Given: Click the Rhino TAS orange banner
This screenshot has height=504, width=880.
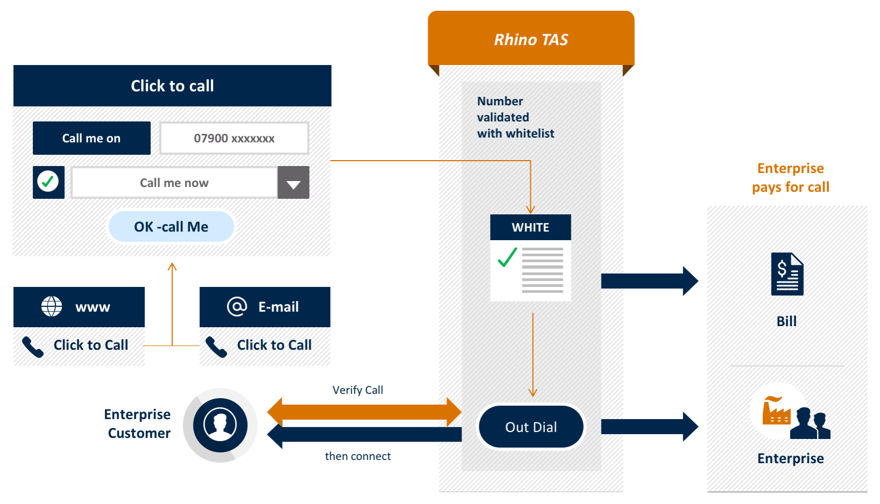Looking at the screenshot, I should coord(531,39).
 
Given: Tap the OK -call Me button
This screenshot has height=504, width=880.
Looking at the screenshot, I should coord(171,227).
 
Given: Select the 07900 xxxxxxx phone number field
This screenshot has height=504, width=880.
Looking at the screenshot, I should coord(234,139).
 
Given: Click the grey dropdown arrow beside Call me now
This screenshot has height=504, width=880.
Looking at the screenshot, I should coord(293,183).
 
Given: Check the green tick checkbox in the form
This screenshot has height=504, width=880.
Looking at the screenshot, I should coord(48,182).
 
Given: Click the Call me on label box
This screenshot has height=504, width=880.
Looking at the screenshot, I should coord(91,138).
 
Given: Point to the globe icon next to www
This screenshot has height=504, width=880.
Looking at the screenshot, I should coord(52,306).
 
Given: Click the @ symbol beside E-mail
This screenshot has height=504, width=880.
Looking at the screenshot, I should coord(237,306).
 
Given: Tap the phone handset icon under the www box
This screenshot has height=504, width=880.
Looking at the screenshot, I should coord(33,347).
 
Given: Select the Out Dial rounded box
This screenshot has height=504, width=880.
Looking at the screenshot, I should coord(531,427).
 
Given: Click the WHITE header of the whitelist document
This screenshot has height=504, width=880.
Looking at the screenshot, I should coord(530,227).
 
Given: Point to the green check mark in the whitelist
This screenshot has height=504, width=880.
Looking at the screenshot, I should coord(507,257).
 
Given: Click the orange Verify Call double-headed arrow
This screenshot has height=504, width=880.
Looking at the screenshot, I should coord(364,412).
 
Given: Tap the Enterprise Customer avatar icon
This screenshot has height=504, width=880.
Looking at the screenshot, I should coord(220,425).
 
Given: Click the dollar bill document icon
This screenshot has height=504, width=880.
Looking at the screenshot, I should coord(787,274).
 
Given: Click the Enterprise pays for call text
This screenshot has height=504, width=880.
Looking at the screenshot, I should coord(790,178).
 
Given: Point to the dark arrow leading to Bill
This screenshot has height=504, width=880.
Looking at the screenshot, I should coord(649,281).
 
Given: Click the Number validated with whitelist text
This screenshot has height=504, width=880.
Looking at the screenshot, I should coord(515,117).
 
